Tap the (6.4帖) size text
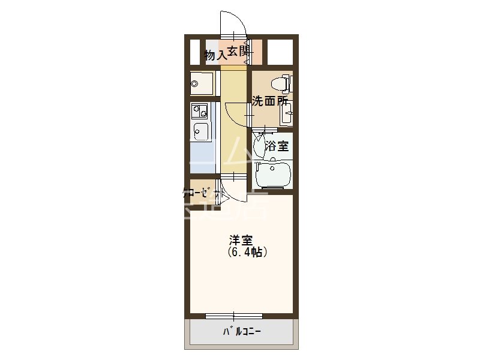247,253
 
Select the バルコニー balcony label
242,331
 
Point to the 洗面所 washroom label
269,101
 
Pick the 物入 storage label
215,55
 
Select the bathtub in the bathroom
273,174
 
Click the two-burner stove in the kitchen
199,111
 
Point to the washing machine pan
201,83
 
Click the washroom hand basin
287,113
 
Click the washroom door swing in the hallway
237,114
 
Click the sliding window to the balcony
233,315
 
